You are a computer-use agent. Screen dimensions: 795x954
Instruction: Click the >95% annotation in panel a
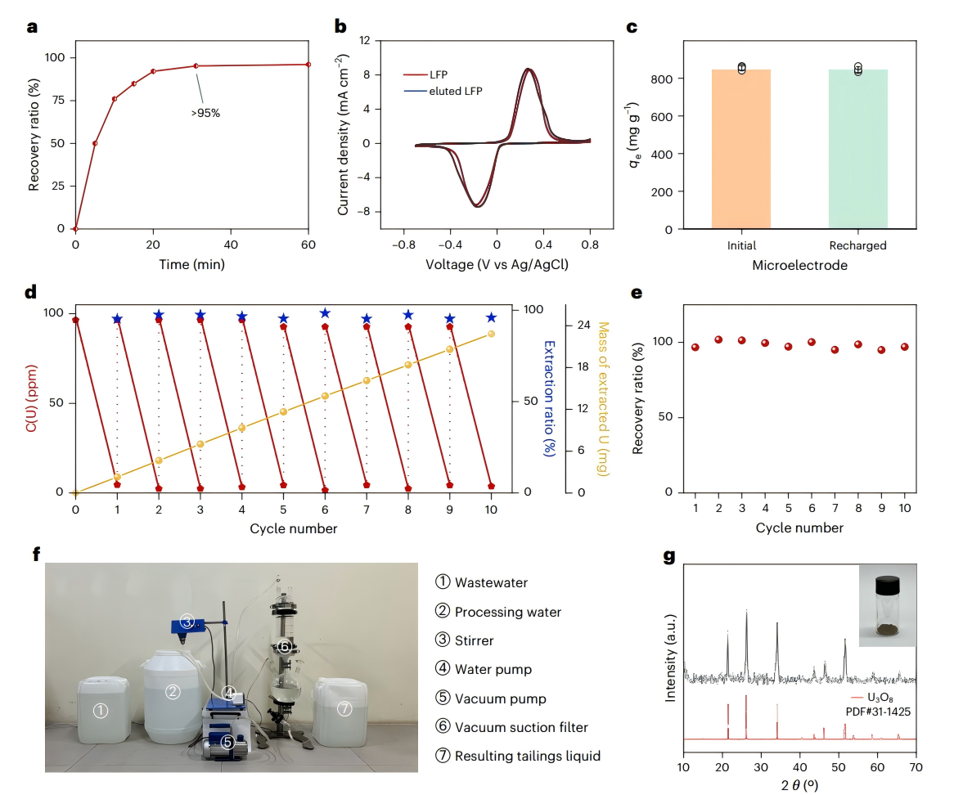point(205,114)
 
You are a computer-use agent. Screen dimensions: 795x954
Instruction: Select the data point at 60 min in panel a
point(308,65)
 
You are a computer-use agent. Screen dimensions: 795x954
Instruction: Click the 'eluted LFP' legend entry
point(455,91)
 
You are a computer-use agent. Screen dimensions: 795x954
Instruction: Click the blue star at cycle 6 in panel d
point(325,313)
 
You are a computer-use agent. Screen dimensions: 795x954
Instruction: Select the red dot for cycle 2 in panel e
point(718,339)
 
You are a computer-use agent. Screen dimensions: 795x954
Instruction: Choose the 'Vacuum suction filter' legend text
point(521,727)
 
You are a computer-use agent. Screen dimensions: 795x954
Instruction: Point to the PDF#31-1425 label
point(872,712)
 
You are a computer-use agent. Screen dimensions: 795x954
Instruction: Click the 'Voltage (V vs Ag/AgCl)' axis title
point(497,265)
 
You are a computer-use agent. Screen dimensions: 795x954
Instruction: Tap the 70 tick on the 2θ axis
point(916,767)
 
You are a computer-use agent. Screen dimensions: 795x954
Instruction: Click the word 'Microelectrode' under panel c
point(799,265)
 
